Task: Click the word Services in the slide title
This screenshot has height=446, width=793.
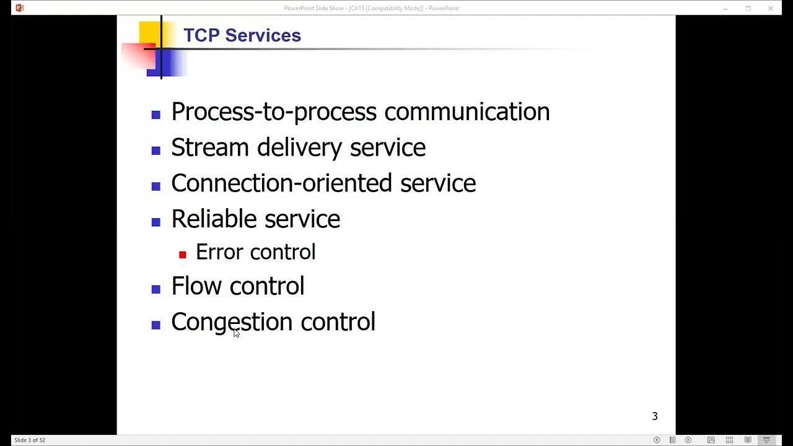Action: (x=263, y=35)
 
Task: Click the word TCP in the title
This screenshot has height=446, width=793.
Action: (x=201, y=35)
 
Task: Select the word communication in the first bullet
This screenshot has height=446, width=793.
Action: (x=467, y=112)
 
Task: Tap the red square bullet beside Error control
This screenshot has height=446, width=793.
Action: (x=183, y=255)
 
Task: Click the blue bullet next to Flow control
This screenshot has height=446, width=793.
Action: (x=156, y=289)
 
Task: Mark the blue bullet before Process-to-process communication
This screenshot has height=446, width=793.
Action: (x=156, y=115)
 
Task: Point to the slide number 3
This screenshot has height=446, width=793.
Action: (x=655, y=416)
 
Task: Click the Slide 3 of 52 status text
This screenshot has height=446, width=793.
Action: (x=30, y=440)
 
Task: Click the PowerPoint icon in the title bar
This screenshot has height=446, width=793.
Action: (x=19, y=8)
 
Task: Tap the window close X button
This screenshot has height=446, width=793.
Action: (x=771, y=8)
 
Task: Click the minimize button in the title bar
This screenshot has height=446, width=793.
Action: (x=725, y=8)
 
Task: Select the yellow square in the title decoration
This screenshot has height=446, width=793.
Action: (x=149, y=32)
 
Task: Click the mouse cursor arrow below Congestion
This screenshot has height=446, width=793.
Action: (x=236, y=333)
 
